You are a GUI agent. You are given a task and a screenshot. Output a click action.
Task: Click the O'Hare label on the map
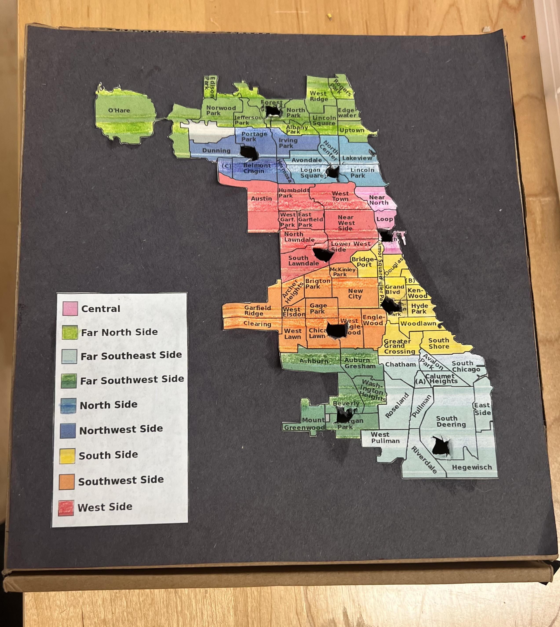click(119, 110)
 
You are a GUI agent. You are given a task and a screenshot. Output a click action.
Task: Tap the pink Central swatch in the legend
click(70, 309)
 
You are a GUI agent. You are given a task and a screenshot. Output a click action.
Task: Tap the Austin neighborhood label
click(261, 199)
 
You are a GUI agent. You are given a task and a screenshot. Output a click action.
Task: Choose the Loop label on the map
click(385, 219)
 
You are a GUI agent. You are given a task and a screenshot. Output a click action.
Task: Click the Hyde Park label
click(419, 309)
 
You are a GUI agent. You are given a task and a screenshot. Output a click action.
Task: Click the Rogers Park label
click(340, 88)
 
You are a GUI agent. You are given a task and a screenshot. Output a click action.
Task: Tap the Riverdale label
click(424, 460)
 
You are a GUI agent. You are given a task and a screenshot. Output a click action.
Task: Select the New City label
click(355, 293)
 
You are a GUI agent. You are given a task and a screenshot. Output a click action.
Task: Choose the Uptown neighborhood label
click(352, 130)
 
